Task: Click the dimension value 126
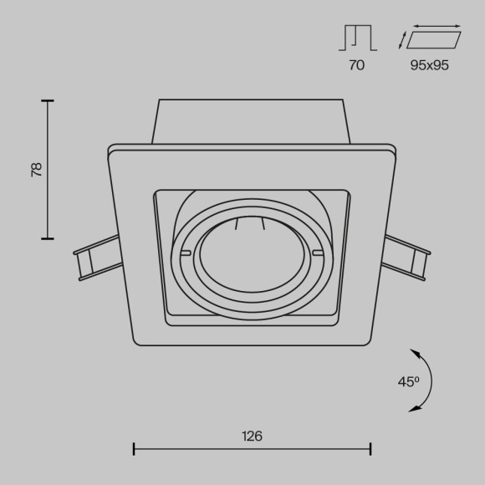[x=252, y=436]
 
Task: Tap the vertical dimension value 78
[x=36, y=170]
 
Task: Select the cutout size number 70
[x=357, y=65]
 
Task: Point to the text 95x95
[x=430, y=65]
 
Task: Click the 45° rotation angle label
[x=408, y=381]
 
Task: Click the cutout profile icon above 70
[x=357, y=37]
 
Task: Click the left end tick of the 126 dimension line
[x=134, y=450]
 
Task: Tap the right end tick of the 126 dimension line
[x=370, y=450]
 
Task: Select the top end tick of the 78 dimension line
[x=48, y=101]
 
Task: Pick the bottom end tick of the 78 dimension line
[x=48, y=239]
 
